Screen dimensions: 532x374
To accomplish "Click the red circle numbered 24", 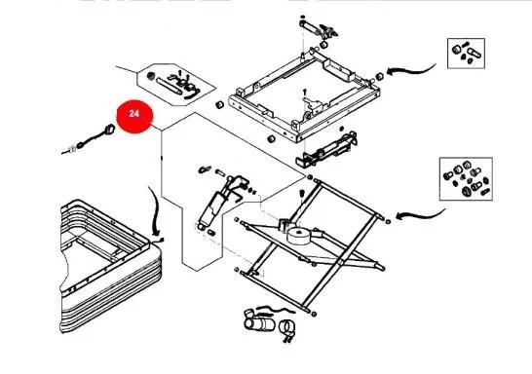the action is pos(134,116).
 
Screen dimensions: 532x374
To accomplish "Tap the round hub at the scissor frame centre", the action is pos(299,237).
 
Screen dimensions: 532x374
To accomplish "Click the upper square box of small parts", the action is pos(466,54).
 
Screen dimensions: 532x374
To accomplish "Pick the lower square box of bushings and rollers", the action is pos(466,178).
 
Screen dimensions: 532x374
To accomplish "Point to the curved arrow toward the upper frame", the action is pos(410,70).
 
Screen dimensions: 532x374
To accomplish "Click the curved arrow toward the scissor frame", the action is pos(420,214).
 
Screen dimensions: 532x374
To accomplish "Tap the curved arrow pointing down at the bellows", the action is pos(154,210).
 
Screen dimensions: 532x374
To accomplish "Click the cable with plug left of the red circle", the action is pos(89,140).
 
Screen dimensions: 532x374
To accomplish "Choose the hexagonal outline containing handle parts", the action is pos(175,85).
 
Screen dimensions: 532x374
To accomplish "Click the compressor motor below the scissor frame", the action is pos(259,322).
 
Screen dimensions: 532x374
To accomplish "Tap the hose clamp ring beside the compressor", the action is pos(287,328).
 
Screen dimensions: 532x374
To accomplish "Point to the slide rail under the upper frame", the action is pos(326,149).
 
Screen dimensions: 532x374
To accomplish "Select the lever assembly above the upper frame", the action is pos(319,28).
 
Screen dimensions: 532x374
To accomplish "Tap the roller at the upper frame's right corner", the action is pos(379,76).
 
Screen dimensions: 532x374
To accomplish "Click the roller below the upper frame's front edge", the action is pos(271,138).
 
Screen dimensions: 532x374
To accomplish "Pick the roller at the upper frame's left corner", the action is pos(219,104).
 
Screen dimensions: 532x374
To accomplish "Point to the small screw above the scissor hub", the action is pos(302,193).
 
